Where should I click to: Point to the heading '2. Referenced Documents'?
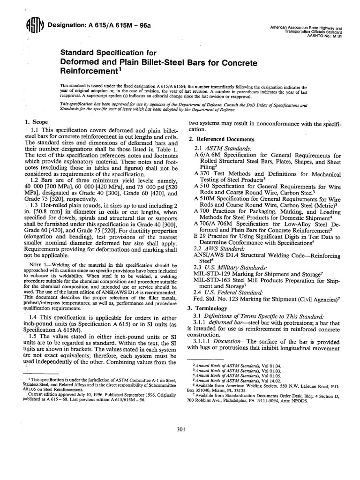[x=221, y=139]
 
